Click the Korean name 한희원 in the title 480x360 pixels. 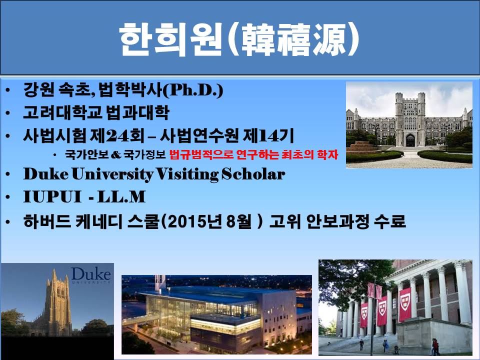[x=170, y=39]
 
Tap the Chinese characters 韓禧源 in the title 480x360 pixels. [x=293, y=39]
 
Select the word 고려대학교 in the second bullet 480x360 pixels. [x=62, y=112]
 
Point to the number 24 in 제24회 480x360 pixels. [x=117, y=135]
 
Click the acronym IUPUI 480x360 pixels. [x=52, y=196]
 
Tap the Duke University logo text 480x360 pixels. [x=91, y=274]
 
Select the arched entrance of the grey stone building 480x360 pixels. [x=410, y=140]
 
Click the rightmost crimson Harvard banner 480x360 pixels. [x=405, y=303]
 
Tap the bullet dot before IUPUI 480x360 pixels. [x=8, y=197]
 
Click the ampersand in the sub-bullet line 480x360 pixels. [x=116, y=155]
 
